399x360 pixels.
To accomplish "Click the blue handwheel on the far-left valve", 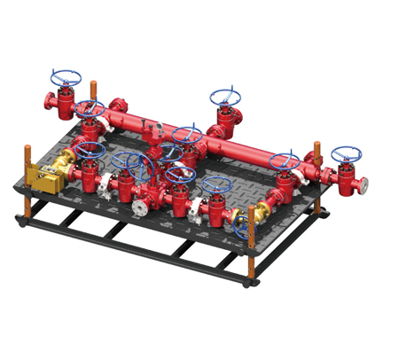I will (66, 78).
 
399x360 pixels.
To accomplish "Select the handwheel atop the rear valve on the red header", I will (225, 97).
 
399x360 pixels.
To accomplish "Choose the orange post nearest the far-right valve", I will (317, 157).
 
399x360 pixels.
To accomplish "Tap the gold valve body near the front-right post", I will (260, 213).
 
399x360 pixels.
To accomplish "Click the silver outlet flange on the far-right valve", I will (364, 185).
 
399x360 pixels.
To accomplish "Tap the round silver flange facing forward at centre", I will (140, 208).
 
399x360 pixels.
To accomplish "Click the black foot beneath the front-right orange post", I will (254, 282).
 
